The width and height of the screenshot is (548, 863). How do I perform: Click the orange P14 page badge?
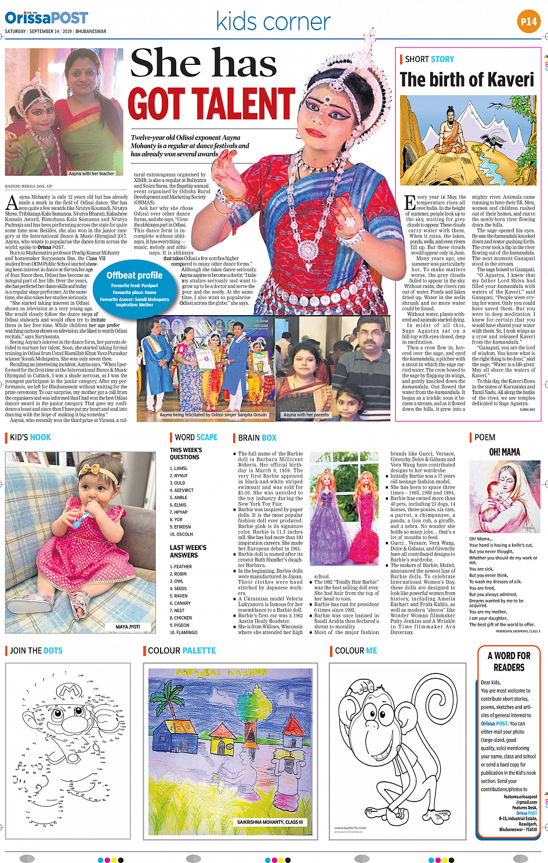coord(528,22)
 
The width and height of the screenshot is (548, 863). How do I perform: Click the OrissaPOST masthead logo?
coord(46,18)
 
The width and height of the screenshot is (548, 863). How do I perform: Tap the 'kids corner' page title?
coord(273,21)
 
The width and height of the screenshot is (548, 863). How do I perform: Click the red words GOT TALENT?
coord(212,104)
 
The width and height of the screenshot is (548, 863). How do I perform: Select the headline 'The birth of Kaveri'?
coord(467,79)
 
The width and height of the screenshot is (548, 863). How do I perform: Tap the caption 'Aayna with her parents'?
coord(306,415)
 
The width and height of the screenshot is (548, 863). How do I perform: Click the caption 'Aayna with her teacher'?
coord(91,173)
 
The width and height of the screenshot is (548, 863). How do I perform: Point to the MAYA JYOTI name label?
coord(128,627)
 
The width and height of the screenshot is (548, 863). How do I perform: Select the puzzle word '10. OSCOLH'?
coord(181,534)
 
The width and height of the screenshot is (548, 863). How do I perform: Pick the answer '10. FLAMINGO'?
coord(183,632)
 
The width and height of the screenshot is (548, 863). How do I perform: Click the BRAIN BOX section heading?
coord(257,438)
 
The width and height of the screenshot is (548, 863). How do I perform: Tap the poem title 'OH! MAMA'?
coord(505,452)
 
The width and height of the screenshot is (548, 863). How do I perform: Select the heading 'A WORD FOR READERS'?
coord(509,661)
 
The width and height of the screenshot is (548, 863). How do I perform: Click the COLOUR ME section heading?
coord(355,651)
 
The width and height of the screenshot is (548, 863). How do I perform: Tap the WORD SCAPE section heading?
coord(196,438)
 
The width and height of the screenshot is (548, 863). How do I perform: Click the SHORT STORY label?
coord(429,59)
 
